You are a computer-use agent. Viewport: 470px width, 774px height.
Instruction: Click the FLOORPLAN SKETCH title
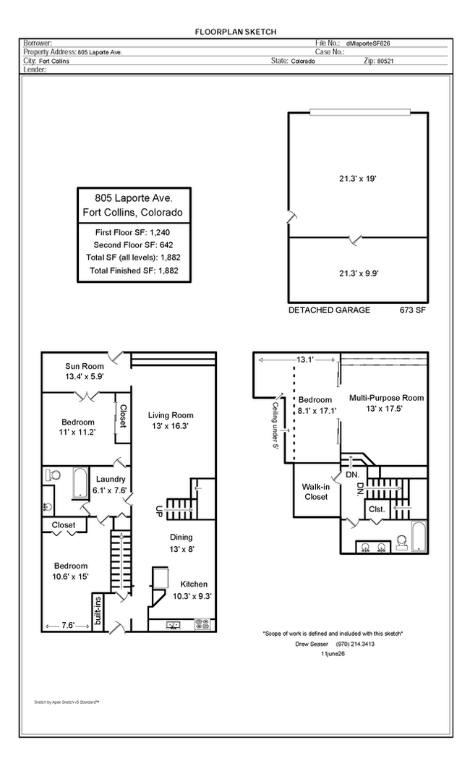tap(235, 32)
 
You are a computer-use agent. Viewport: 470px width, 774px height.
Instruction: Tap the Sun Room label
tap(85, 366)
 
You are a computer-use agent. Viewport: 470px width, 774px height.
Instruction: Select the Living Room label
tap(171, 415)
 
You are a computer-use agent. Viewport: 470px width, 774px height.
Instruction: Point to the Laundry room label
tap(111, 479)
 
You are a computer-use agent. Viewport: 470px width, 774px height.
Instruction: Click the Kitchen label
tap(194, 584)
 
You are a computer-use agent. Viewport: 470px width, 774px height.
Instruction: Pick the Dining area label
tap(181, 537)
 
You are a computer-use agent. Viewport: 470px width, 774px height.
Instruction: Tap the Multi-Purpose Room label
tap(387, 398)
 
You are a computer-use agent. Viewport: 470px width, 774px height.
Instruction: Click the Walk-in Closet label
tap(316, 492)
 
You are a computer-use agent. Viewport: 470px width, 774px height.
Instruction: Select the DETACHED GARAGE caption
tap(329, 310)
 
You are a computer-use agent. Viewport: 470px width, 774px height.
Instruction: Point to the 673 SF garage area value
tap(412, 310)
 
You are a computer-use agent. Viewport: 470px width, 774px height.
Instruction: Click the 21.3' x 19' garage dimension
tap(357, 179)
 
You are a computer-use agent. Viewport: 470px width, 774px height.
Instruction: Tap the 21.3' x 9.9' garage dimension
tap(359, 273)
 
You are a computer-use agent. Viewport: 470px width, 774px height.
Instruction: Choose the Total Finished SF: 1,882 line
tap(134, 271)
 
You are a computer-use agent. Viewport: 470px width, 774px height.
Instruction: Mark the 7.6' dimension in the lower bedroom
tap(68, 626)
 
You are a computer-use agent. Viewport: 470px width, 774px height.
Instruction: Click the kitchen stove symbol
tap(202, 624)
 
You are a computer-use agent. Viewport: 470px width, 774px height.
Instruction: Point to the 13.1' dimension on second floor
tap(305, 360)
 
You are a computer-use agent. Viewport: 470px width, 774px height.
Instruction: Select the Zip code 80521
tap(385, 61)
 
